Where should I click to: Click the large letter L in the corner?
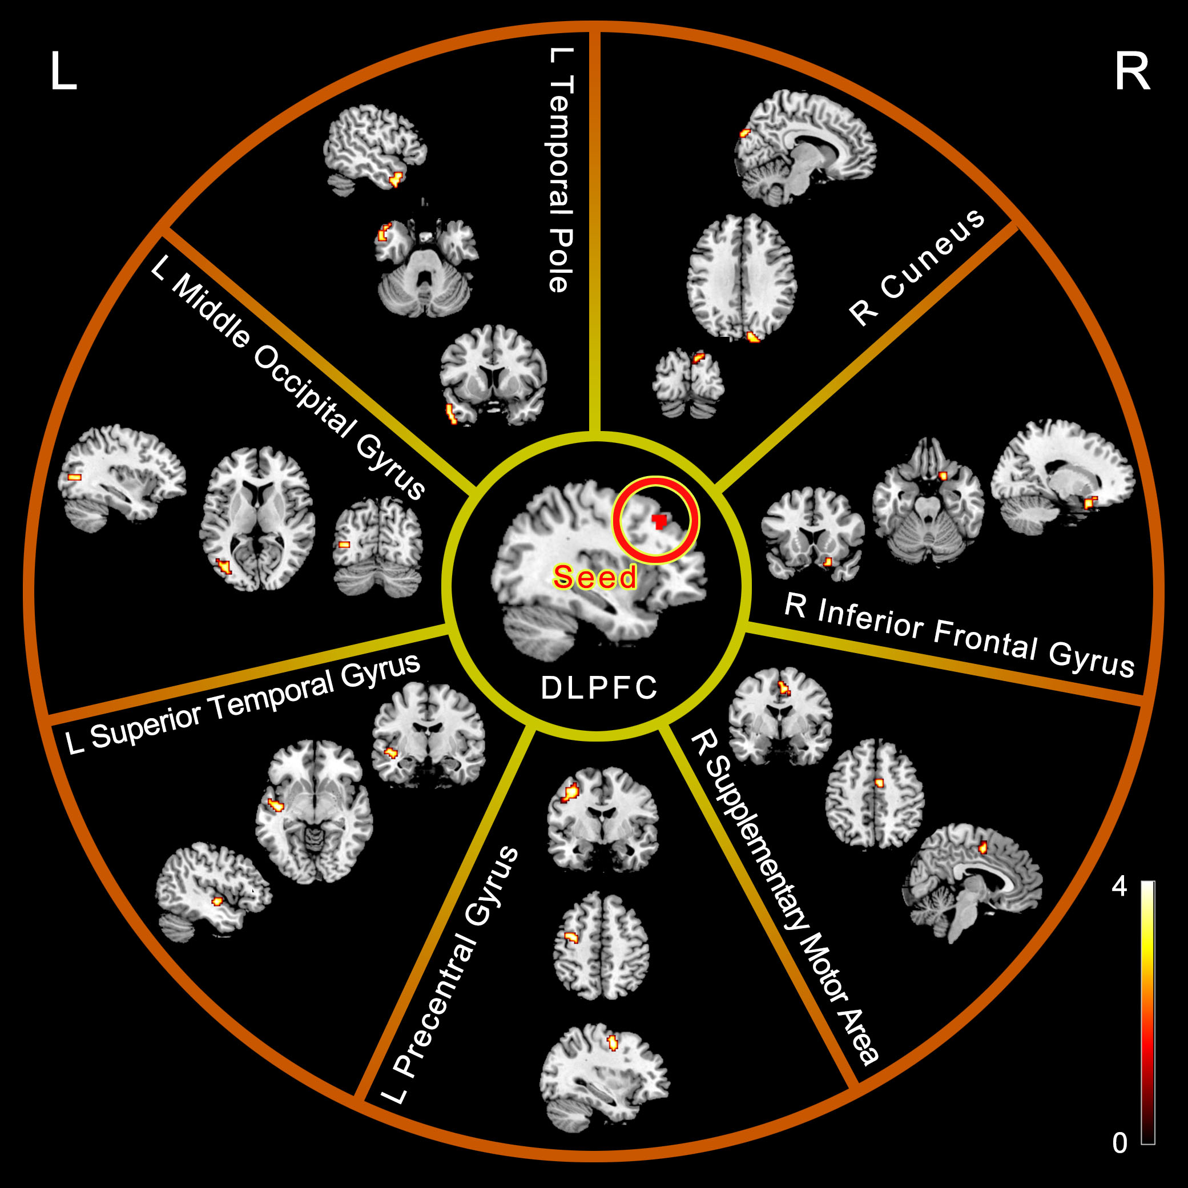click(63, 71)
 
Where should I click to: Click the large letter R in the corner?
click(1131, 71)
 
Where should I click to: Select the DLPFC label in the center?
click(599, 688)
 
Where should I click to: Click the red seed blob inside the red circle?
click(659, 521)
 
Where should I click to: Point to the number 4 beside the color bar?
click(1119, 886)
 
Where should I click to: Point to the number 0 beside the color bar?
click(1119, 1142)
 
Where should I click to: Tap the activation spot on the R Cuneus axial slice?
click(753, 336)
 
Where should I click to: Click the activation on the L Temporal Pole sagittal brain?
click(396, 179)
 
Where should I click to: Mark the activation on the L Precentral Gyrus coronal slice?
click(571, 792)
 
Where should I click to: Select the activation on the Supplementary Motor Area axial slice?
click(879, 783)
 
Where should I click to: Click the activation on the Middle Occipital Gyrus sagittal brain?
click(74, 477)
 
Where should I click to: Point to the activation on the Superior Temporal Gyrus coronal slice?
click(390, 751)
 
